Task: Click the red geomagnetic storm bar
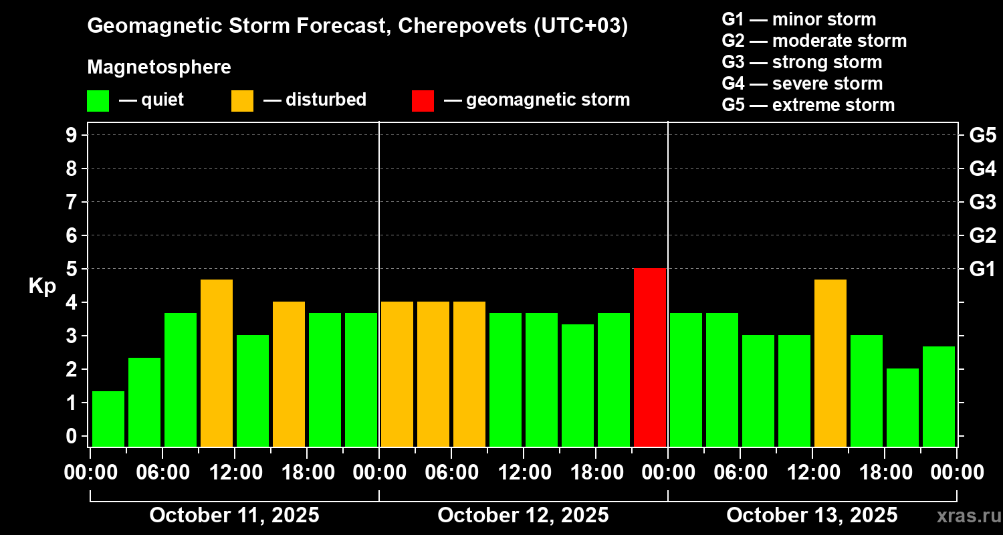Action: pos(650,357)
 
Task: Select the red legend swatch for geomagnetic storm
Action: pos(423,100)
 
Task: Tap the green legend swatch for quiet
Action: pos(98,100)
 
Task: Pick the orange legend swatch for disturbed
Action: pos(242,100)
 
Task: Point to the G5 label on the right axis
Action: pos(982,136)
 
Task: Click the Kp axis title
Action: pos(42,286)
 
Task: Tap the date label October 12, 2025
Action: pos(523,516)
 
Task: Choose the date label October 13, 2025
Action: pos(812,516)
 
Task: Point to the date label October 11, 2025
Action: pos(234,516)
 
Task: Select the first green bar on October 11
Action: pos(108,419)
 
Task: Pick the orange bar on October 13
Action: pos(830,363)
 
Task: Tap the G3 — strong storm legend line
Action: pos(802,62)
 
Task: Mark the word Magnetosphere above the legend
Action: pos(159,68)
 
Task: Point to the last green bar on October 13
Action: pos(939,396)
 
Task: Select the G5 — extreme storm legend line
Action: pos(808,105)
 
